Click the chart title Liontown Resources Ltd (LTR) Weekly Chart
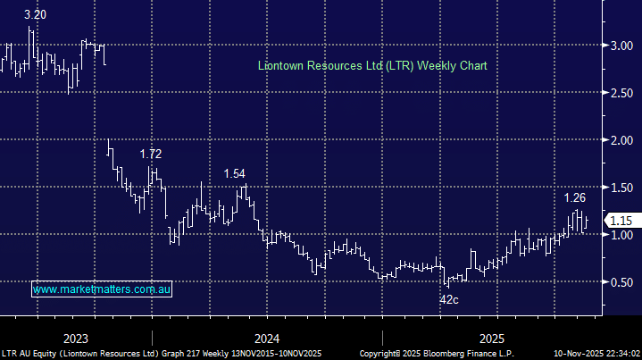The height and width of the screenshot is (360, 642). [x=371, y=66]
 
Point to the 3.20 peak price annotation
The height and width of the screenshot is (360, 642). [x=35, y=15]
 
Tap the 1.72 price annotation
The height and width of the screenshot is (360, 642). [x=152, y=155]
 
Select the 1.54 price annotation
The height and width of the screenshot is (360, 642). [x=235, y=172]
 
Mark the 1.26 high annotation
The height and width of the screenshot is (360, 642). [x=575, y=197]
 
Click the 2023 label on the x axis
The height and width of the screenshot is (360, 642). [x=76, y=339]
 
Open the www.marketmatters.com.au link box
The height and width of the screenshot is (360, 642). [x=102, y=289]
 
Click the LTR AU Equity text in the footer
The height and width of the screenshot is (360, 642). [x=28, y=354]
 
